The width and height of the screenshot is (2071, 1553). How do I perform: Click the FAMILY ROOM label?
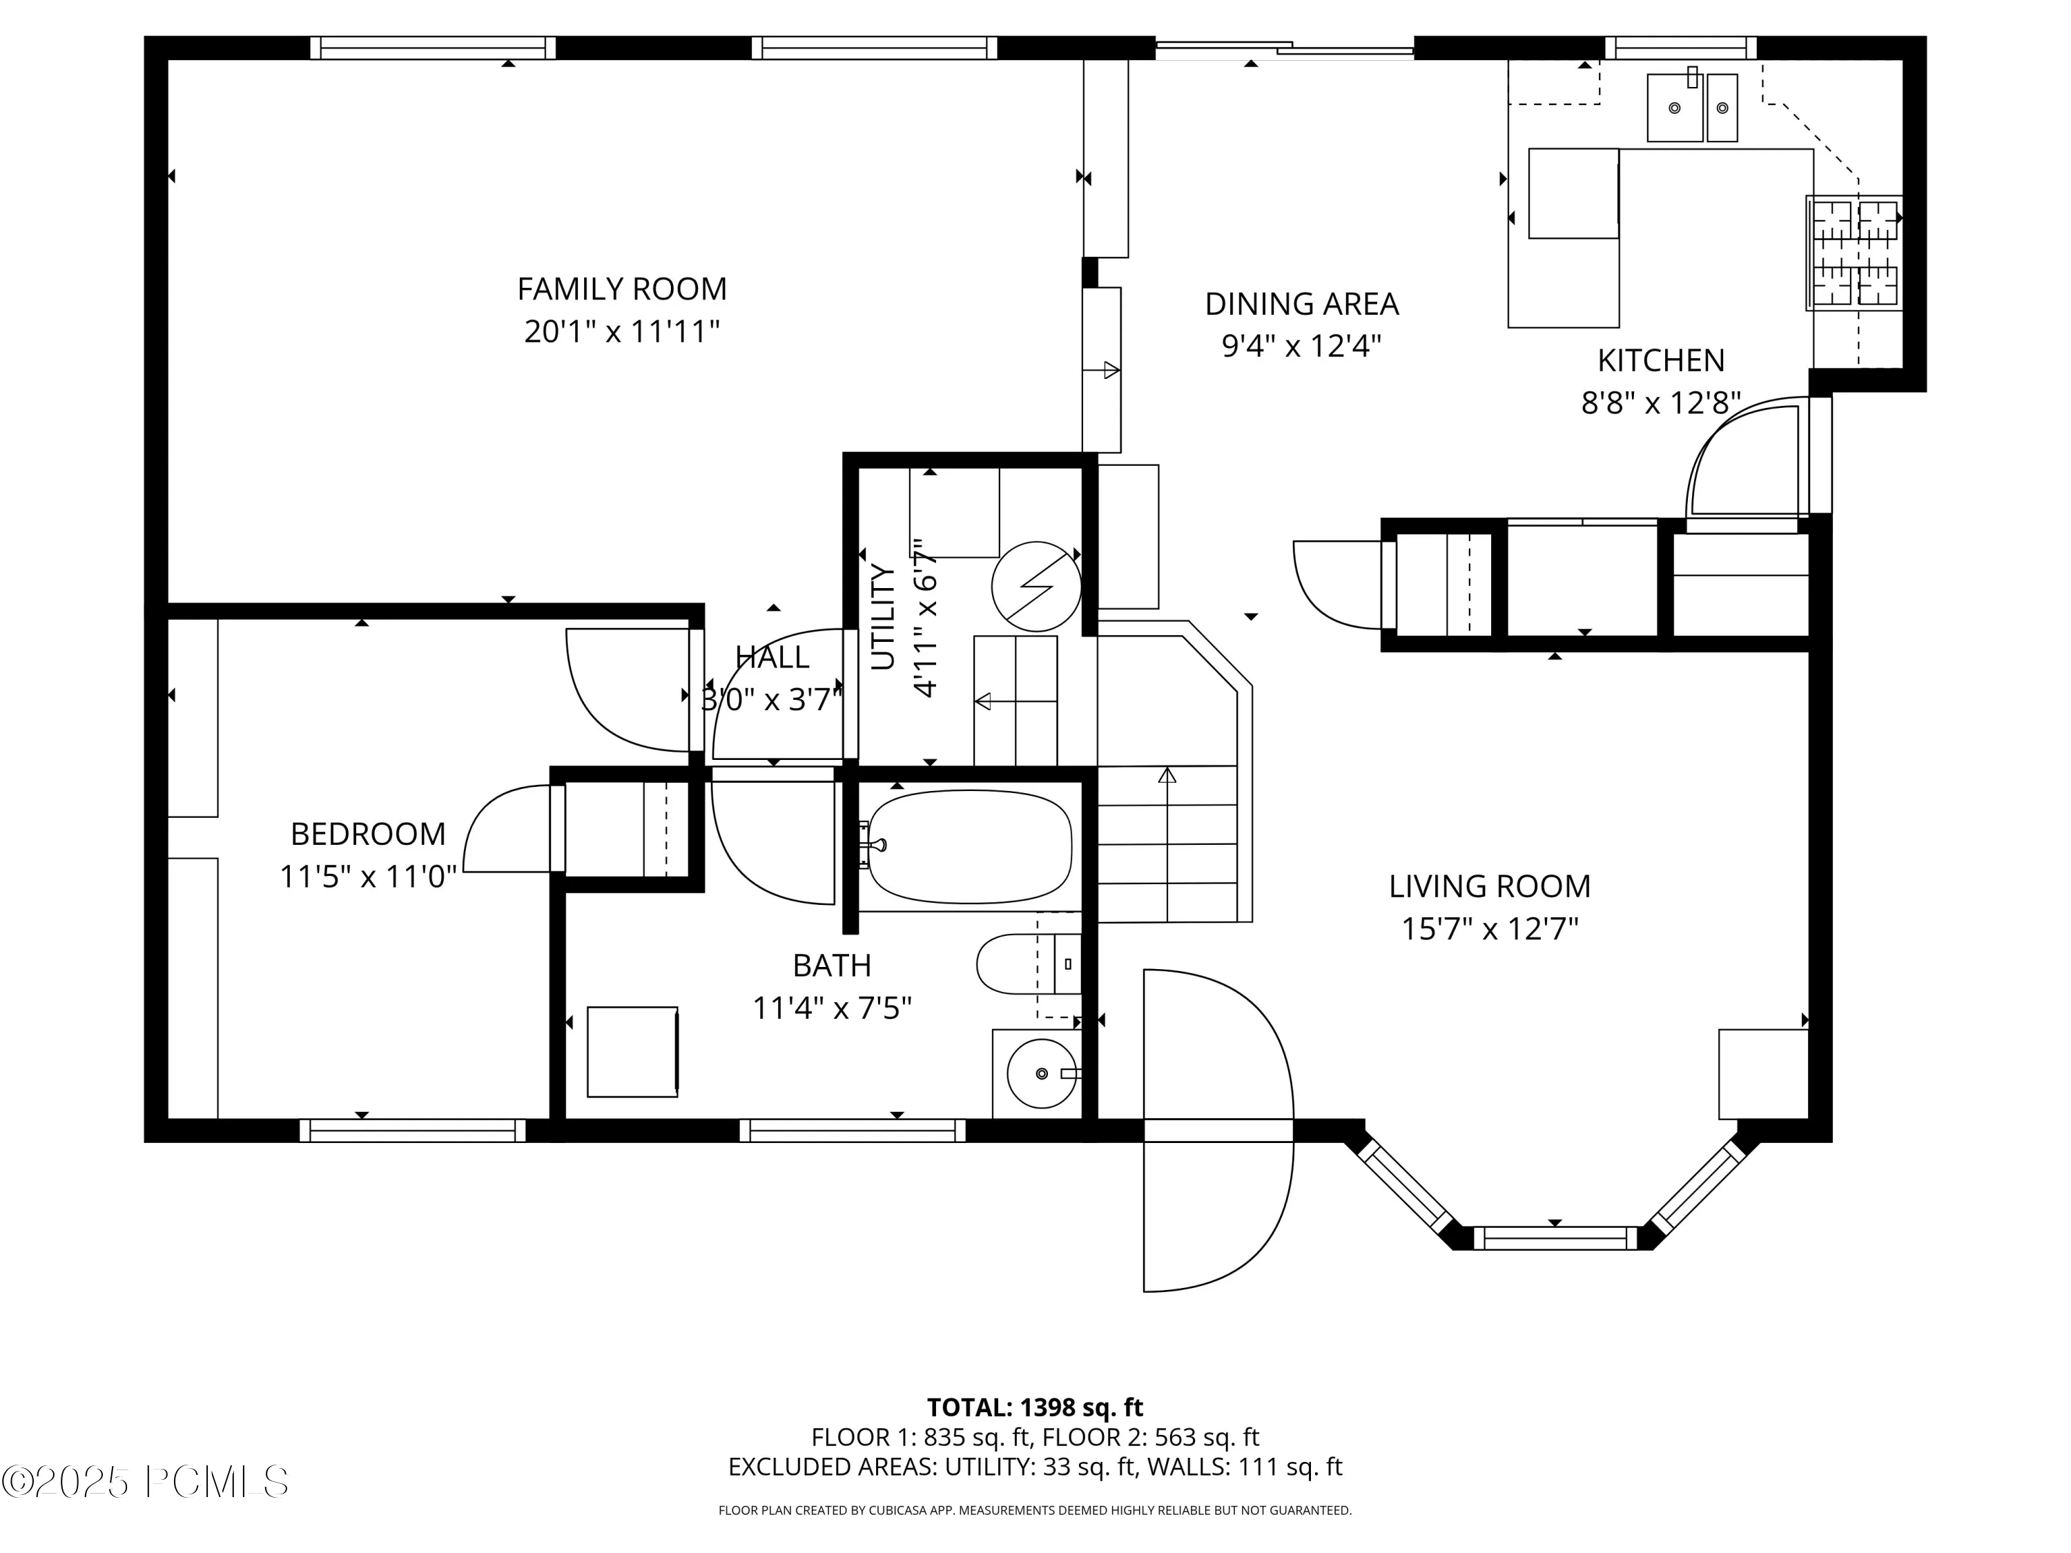pos(622,289)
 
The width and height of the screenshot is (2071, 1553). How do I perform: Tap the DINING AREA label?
pos(1301,304)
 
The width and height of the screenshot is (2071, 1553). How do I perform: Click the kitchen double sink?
pos(1692,108)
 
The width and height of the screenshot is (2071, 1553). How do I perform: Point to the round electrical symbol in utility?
pos(1036,587)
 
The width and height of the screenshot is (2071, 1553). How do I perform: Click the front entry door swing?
pos(1218,1131)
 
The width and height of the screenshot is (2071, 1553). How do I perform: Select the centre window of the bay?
pos(1555,1238)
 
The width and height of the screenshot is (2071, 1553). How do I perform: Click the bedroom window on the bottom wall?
pos(413,1131)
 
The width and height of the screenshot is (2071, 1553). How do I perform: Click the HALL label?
pos(772,657)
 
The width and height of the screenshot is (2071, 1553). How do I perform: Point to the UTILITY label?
pos(883,617)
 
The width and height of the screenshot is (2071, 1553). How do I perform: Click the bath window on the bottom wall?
pos(852,1131)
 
